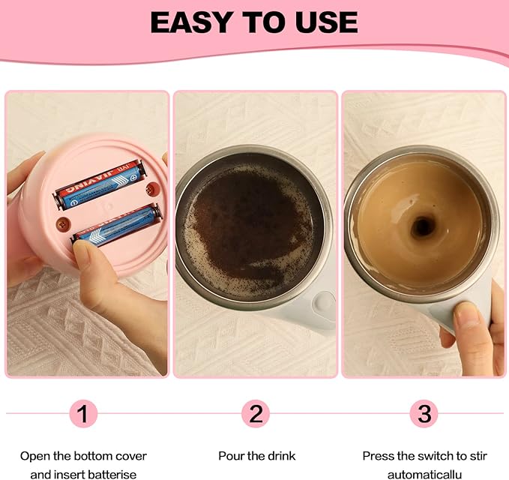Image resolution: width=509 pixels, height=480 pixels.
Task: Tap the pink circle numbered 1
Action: pos(84,413)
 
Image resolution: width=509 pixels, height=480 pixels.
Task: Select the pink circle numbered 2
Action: pos(256,413)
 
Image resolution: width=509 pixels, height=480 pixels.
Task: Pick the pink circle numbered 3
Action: pos(424,413)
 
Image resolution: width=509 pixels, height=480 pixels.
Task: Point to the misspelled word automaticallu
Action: pos(424,473)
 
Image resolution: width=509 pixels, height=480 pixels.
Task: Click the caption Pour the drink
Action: pos(256,455)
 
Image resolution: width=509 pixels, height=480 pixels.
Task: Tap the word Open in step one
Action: pos(34,455)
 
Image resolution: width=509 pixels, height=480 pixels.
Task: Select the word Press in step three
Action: pos(379,455)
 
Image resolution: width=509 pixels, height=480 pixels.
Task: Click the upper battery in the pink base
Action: pos(101,187)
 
